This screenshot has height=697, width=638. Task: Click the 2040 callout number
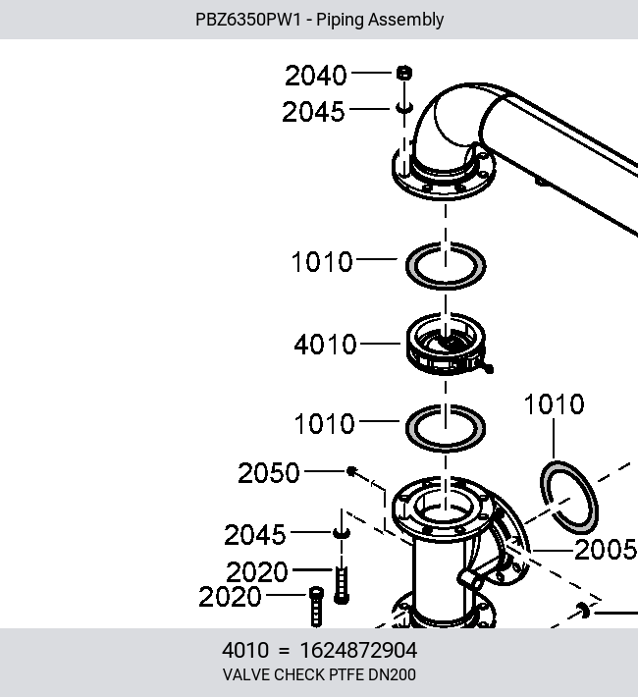315,76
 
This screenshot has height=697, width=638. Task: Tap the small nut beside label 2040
403,73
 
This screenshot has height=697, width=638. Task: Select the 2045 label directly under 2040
313,111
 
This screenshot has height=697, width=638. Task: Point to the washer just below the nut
404,108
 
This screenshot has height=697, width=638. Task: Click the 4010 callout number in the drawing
325,345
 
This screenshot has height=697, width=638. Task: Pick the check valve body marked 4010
446,344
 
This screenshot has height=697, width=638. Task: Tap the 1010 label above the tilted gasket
554,404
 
